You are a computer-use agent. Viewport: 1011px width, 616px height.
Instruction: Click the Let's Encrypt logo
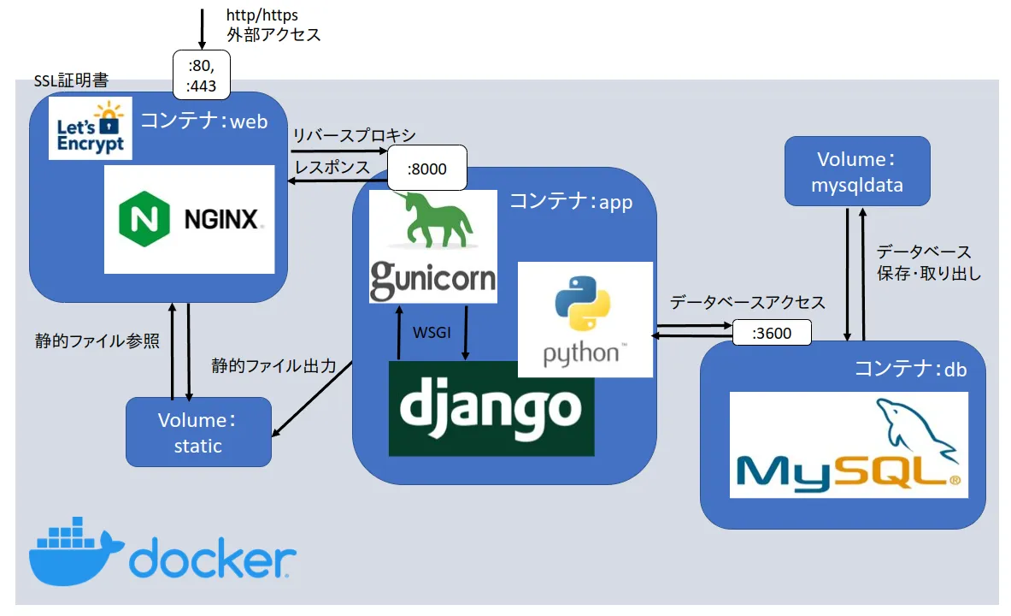coord(91,127)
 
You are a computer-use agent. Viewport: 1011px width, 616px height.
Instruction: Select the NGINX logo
coord(189,219)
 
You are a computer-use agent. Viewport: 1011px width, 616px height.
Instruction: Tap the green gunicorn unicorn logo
coord(432,246)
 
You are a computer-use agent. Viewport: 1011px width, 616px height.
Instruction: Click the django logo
coord(491,408)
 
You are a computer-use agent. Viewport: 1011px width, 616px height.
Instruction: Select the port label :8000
coord(427,169)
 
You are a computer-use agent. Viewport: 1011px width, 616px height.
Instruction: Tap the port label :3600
coord(771,333)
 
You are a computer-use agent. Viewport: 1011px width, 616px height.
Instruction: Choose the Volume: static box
coord(198,432)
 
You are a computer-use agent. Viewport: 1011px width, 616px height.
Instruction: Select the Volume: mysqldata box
coord(857,170)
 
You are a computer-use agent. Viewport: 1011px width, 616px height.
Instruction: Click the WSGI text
coord(432,330)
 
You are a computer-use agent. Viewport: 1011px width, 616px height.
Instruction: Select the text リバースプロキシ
coord(353,136)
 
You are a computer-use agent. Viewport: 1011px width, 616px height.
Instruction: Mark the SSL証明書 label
coord(71,81)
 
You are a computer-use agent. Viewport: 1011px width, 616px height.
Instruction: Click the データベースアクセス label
coord(747,302)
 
